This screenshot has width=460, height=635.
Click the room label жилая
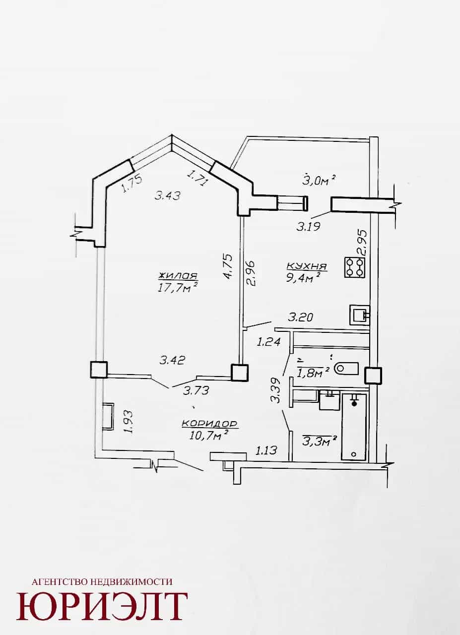coord(178,276)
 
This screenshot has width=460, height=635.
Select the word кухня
coord(307,266)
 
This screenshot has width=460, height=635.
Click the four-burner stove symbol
coord(354,267)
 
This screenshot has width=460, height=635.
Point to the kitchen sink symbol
coord(360,315)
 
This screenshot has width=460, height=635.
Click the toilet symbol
coord(346,369)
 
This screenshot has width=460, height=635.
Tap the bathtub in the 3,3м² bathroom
coord(354,426)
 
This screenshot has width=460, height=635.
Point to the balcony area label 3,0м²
coord(319,180)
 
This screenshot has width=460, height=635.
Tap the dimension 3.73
coord(196,391)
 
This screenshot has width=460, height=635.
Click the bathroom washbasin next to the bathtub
coord(329,400)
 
